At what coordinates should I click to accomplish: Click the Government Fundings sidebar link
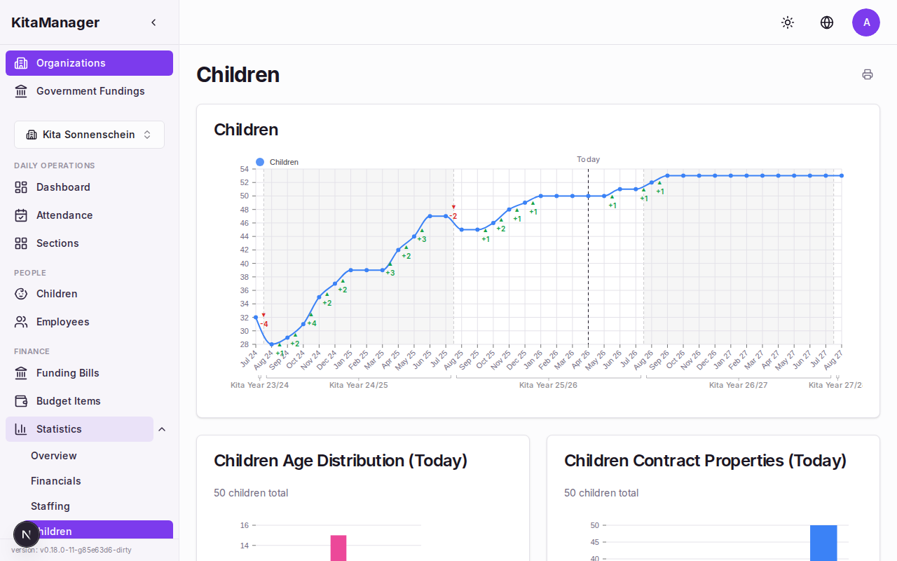click(x=90, y=91)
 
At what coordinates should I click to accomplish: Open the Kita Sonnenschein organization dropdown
click(x=89, y=135)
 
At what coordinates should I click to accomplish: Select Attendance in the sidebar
click(x=64, y=215)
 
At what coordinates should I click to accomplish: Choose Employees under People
click(x=62, y=322)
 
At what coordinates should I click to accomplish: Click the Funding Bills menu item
click(x=67, y=373)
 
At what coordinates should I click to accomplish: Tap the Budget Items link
click(x=68, y=401)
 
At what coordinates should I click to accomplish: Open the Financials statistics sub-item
click(x=56, y=481)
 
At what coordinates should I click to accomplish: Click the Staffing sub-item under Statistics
click(x=50, y=506)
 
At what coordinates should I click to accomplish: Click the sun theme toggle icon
click(x=788, y=22)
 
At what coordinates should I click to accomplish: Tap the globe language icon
click(x=827, y=22)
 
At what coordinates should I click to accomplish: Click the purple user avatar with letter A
click(x=866, y=22)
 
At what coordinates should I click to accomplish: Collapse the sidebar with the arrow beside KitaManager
click(x=153, y=22)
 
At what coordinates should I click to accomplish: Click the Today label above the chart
click(x=588, y=160)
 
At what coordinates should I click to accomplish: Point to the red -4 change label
click(x=264, y=324)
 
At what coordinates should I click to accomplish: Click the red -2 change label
click(x=453, y=216)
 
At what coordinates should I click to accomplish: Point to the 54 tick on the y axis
click(x=244, y=169)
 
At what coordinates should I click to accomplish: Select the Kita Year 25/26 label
click(x=548, y=385)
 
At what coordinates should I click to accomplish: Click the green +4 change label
click(x=312, y=323)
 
